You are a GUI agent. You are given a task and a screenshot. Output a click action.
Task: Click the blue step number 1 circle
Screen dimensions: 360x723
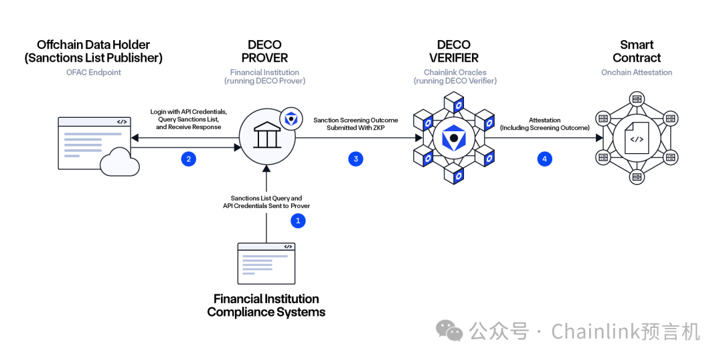pos(298,220)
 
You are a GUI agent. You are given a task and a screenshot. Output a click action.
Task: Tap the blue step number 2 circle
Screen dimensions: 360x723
pos(189,159)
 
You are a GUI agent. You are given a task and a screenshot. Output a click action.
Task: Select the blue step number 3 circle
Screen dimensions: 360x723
pos(355,159)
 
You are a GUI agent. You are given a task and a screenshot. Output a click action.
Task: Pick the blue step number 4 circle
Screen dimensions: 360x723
pos(544,159)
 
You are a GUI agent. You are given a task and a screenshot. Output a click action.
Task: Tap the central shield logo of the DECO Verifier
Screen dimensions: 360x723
pos(453,138)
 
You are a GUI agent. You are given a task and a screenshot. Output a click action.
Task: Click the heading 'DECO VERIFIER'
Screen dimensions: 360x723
pos(454,52)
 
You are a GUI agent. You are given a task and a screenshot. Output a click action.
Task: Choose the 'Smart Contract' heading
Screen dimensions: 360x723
pos(636,52)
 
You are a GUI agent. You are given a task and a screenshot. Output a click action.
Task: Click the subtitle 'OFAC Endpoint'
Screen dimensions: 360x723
pos(93,72)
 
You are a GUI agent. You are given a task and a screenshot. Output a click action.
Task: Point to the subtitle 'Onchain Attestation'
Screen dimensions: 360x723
pos(636,72)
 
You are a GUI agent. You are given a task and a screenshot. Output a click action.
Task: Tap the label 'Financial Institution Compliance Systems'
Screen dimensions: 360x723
pos(266,305)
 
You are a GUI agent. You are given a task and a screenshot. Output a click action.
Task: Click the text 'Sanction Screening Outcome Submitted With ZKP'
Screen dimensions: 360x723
pos(355,124)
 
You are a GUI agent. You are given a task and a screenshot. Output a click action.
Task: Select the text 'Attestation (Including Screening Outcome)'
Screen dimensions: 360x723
pos(544,124)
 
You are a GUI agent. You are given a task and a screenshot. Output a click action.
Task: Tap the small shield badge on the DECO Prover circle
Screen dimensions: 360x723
pos(289,118)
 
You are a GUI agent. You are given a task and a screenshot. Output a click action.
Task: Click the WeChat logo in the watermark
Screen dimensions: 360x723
pos(449,330)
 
